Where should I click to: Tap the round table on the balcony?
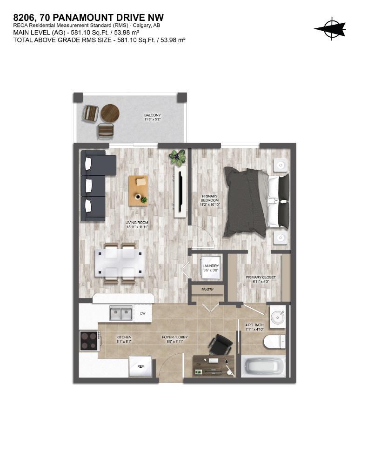coord(110,112)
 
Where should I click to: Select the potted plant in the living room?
coord(177,158)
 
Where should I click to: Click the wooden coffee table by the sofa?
coord(139,190)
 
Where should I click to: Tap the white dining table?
coord(119,263)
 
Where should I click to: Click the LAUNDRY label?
coord(211,268)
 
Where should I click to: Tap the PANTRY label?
coord(207,289)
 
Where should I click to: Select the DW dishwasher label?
coord(143,314)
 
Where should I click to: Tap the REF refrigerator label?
coord(140,366)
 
